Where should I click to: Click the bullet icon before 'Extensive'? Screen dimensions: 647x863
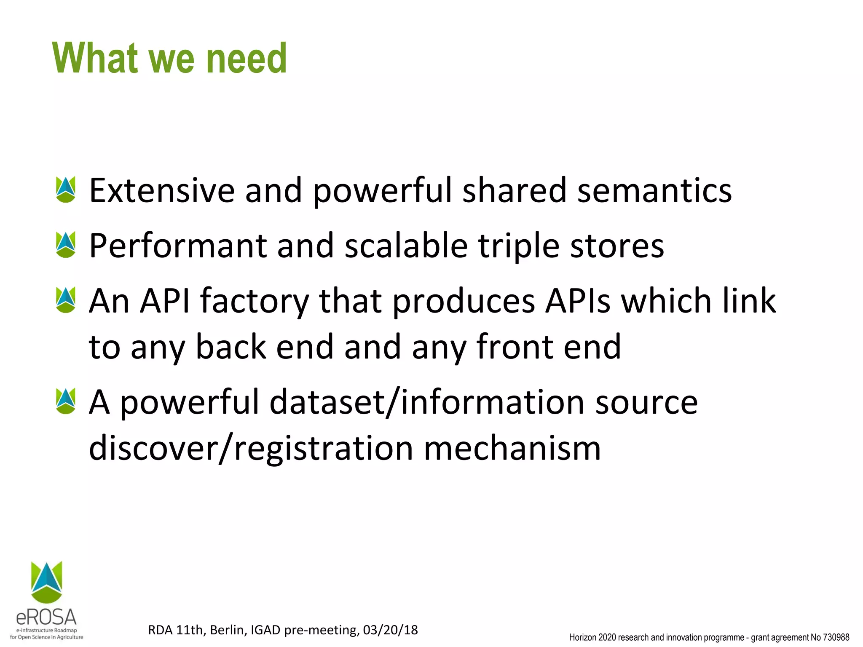pyautogui.click(x=66, y=190)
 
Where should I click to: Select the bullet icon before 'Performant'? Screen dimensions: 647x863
pyautogui.click(x=66, y=245)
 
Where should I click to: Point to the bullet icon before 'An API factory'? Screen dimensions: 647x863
pyautogui.click(x=66, y=300)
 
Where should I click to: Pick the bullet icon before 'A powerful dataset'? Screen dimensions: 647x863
pyautogui.click(x=66, y=401)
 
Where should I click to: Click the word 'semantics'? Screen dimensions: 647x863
pyautogui.click(x=654, y=190)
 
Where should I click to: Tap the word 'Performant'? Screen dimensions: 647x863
pyautogui.click(x=178, y=246)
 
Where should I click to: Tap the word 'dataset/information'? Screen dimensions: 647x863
pyautogui.click(x=427, y=402)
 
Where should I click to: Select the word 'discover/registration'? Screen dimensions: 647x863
pyautogui.click(x=251, y=448)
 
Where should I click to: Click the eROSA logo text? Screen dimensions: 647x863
pyautogui.click(x=46, y=618)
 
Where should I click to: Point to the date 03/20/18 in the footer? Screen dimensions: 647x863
pyautogui.click(x=390, y=630)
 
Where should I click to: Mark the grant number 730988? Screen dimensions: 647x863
pyautogui.click(x=836, y=637)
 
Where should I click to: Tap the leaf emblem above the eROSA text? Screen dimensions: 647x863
pyautogui.click(x=46, y=581)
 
